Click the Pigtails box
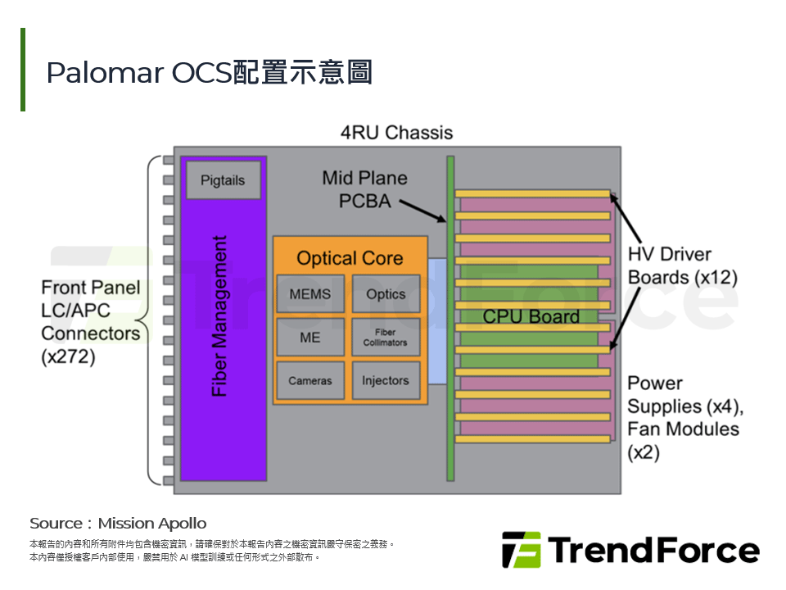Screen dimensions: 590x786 (x=223, y=180)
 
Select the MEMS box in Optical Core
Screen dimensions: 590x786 (x=310, y=293)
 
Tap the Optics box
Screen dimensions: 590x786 (x=386, y=293)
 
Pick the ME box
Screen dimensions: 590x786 (x=310, y=337)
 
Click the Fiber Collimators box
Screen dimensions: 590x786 (x=386, y=337)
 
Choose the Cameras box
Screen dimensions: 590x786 (x=310, y=380)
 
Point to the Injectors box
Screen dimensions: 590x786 (x=386, y=380)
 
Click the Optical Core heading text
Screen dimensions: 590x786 (x=350, y=258)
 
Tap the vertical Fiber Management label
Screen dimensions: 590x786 (x=219, y=316)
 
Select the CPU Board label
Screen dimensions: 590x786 (x=531, y=316)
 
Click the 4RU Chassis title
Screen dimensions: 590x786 (x=396, y=132)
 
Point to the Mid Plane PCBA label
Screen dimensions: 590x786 (x=364, y=188)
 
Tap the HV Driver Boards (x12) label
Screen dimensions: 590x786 (x=682, y=265)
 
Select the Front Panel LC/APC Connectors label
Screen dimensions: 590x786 (x=91, y=321)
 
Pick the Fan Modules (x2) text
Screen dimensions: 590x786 (x=683, y=440)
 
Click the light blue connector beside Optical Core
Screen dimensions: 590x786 (x=437, y=320)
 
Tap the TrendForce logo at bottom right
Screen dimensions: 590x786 (x=630, y=550)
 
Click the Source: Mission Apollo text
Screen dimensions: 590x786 (x=118, y=523)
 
